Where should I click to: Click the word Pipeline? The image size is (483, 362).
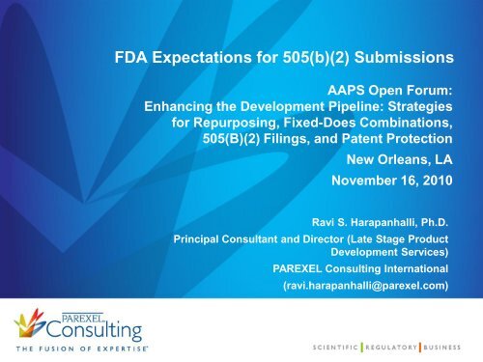click(x=334, y=107)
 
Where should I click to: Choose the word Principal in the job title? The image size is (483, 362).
click(x=200, y=237)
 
